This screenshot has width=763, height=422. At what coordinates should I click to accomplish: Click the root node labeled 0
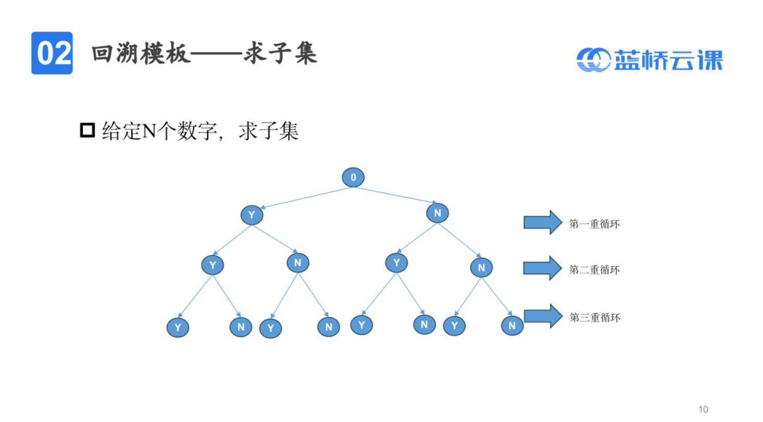pos(353,177)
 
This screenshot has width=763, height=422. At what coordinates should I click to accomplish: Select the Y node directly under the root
pos(251,215)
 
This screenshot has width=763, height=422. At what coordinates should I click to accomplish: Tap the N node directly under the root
pos(437,213)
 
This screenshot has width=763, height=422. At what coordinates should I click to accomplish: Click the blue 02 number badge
pos(52,53)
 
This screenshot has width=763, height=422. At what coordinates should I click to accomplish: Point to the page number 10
pos(703,409)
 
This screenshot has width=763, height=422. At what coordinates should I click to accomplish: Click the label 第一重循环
pos(594,224)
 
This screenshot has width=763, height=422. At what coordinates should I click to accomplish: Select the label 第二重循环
pos(594,270)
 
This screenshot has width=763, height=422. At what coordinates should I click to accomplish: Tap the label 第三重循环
pos(595,318)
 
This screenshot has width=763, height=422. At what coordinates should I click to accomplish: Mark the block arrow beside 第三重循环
pos(543,316)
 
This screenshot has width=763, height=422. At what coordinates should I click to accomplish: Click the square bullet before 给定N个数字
pos(88,130)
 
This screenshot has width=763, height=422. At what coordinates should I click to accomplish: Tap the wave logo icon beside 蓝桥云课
pos(593,60)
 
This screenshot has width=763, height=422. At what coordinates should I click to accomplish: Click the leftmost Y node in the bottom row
pos(178,327)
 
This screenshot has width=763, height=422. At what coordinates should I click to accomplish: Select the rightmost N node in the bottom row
pos(512,326)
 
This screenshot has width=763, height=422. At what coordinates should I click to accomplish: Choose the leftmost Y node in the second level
pos(212,265)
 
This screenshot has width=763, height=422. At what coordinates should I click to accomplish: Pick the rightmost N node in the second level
pos(481,268)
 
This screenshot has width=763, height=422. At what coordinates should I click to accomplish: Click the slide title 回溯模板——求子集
pos(204,53)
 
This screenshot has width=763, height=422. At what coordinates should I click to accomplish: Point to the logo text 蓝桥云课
pos(668,60)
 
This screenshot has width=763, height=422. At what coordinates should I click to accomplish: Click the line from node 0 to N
pos(395,195)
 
